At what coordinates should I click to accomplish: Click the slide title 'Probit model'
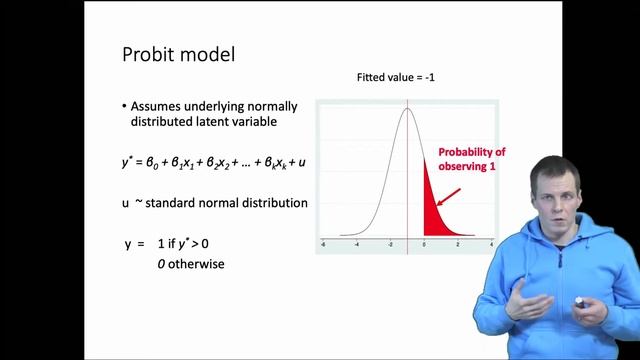[x=178, y=54]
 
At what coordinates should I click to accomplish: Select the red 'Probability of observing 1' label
[x=471, y=159]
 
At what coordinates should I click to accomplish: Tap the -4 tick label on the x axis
[x=356, y=243]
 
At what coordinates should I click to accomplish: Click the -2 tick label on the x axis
[x=389, y=243]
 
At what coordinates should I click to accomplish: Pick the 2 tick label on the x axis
[x=458, y=243]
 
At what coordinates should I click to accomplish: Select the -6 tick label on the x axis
[x=322, y=243]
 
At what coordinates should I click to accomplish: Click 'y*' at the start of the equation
[x=127, y=160]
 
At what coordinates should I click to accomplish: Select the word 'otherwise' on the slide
[x=198, y=264]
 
